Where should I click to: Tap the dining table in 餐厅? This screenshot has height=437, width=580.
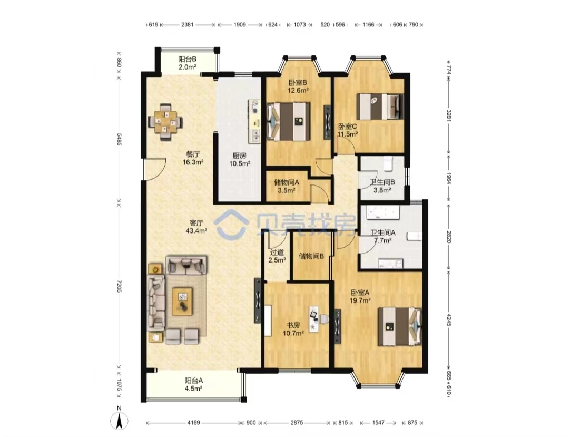point(165,122)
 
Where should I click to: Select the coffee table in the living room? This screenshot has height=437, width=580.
point(182,302)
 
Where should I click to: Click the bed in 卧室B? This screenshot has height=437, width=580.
point(288,121)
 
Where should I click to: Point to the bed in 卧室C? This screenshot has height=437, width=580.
point(379,106)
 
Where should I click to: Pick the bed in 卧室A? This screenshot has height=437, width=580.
point(399,326)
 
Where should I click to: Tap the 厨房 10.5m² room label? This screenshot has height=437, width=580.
point(240,160)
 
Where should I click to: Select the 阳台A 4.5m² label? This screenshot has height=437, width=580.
point(193,384)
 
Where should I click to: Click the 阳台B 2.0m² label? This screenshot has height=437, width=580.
point(187,63)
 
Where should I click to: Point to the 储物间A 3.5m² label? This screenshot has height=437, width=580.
point(286,187)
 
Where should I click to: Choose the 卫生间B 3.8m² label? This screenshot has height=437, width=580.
point(382,186)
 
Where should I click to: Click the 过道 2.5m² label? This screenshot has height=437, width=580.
point(277,256)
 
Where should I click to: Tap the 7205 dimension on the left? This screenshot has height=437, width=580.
point(119,285)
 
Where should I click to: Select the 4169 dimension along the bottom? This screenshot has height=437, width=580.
point(193,423)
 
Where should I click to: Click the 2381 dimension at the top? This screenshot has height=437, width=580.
point(187,25)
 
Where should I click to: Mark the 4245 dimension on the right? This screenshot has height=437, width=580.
point(449,320)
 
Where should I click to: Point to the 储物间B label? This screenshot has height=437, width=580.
point(311,256)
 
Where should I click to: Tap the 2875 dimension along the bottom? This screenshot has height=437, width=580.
point(297,423)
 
